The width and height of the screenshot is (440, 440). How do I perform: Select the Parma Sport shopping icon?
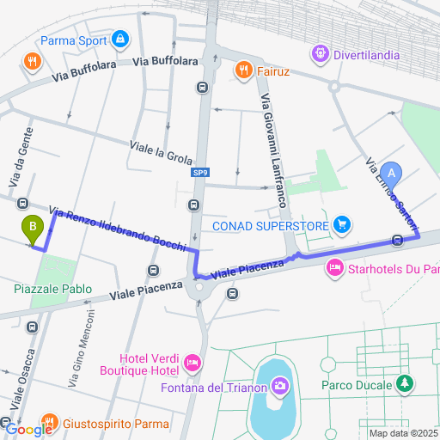[120, 40]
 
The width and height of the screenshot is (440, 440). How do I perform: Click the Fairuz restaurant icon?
[244, 70]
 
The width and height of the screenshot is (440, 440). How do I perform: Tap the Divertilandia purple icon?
[321, 54]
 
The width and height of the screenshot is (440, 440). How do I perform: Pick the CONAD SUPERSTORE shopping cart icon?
[343, 225]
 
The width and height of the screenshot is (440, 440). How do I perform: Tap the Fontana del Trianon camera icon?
[278, 386]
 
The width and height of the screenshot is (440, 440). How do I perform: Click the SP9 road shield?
[199, 172]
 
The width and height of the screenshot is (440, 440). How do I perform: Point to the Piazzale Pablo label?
[52, 290]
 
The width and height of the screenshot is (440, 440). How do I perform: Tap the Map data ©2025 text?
[402, 432]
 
